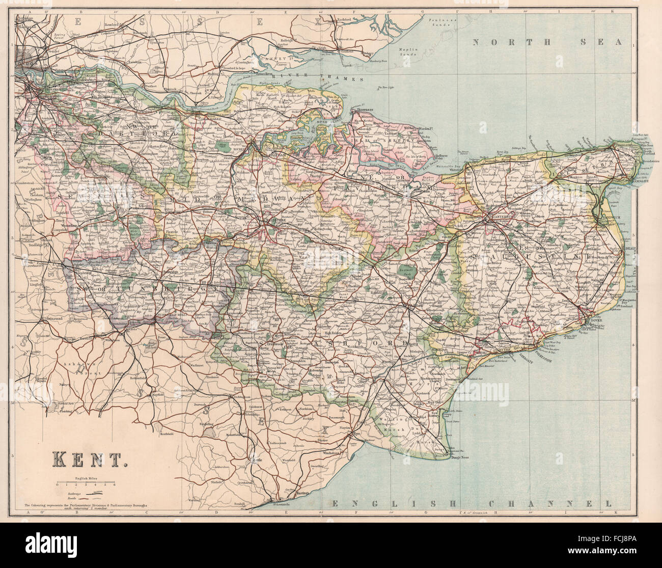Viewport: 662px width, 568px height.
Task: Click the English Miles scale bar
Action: pyautogui.click(x=81, y=485)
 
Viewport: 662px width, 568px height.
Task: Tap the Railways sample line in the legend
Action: pyautogui.click(x=91, y=494)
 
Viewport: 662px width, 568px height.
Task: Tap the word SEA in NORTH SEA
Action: pyautogui.click(x=610, y=42)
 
